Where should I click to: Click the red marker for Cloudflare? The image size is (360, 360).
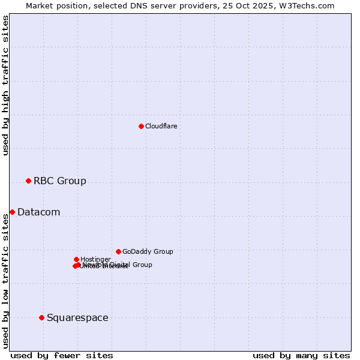141,126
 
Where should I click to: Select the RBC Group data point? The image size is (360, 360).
28,181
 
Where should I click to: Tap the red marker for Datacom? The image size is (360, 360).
12,212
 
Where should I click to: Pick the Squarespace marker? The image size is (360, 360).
41,317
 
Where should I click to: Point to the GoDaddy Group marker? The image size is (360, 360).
118,251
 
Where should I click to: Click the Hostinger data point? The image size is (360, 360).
76,259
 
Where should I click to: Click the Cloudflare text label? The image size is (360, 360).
161,126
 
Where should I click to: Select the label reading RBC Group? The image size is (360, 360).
59,181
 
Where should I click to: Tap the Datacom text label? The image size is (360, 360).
38,212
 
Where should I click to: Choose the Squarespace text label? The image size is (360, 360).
77,317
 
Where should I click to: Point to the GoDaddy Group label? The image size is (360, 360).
148,251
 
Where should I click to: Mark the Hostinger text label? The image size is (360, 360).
95,259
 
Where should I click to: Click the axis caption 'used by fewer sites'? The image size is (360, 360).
62,355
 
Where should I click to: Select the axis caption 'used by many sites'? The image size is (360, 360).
301,355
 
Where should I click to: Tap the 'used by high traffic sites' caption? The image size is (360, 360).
5,85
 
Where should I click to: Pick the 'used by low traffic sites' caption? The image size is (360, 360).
5,281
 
